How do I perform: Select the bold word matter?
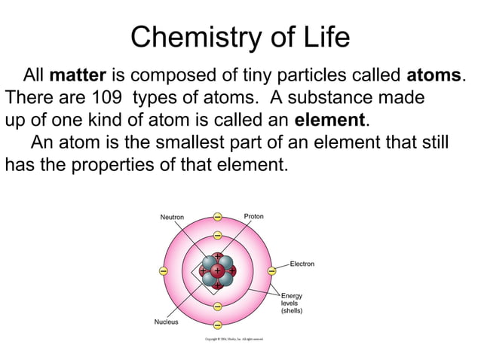78,76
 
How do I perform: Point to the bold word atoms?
433,76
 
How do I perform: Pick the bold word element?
329,120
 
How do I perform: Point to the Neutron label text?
172,217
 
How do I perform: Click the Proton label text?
253,216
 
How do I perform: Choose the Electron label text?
302,264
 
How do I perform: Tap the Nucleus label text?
166,322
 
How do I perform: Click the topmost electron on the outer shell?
217,217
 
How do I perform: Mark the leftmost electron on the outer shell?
163,270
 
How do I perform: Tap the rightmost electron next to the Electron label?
271,270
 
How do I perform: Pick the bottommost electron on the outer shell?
217,325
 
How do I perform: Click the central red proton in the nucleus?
217,270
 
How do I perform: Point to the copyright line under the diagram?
234,340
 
